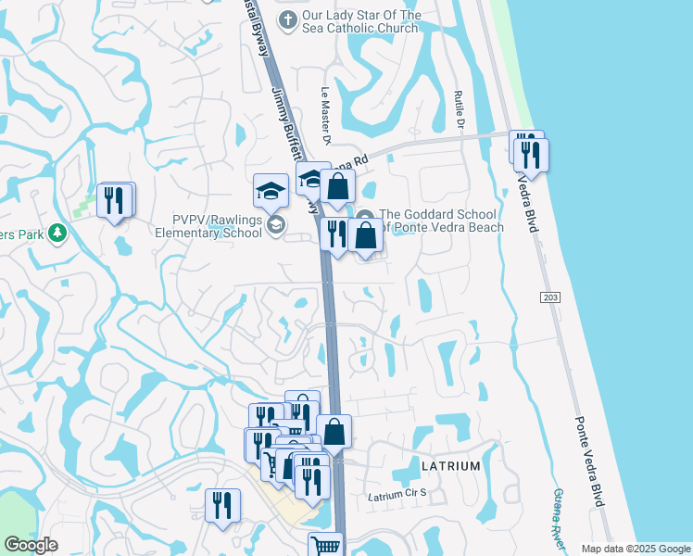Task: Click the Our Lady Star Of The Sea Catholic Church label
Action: [361, 21]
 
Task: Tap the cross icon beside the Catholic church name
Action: [288, 19]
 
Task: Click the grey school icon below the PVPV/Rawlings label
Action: [275, 224]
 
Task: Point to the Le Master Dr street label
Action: [326, 116]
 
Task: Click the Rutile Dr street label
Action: [459, 110]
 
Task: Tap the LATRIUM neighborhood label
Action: [450, 466]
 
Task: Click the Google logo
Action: [31, 545]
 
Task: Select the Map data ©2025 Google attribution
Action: [635, 549]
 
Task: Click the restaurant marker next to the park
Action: [115, 200]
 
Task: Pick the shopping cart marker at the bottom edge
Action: [325, 547]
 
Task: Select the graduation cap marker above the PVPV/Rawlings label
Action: [271, 190]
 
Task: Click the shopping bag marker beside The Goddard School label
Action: [367, 235]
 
